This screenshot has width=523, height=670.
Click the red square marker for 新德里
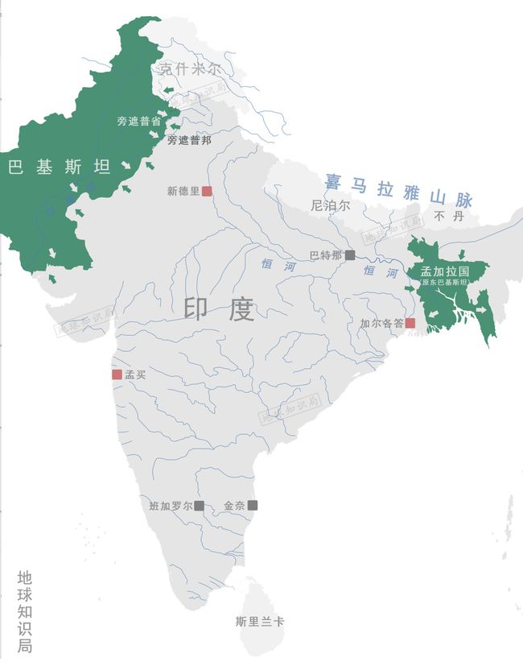[x=207, y=192]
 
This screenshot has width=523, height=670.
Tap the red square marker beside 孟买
[x=117, y=374]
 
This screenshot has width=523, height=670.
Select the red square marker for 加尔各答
[x=410, y=323]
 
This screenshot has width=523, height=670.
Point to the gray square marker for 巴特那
[x=349, y=255]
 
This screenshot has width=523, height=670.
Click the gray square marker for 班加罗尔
[x=199, y=506]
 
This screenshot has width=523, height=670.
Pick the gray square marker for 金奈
[x=253, y=506]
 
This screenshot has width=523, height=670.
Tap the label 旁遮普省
[x=139, y=122]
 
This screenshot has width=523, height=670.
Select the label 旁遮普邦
[x=189, y=140]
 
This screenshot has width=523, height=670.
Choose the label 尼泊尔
[x=331, y=206]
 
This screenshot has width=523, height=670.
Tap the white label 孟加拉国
[x=445, y=271]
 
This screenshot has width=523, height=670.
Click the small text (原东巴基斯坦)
[x=445, y=283]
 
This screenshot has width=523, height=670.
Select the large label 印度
[x=219, y=310]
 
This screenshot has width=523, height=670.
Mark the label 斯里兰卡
[x=260, y=622]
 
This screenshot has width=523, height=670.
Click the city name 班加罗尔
[x=171, y=506]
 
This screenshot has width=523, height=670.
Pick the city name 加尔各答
[x=381, y=324]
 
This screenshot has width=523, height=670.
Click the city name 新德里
[x=183, y=192]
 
